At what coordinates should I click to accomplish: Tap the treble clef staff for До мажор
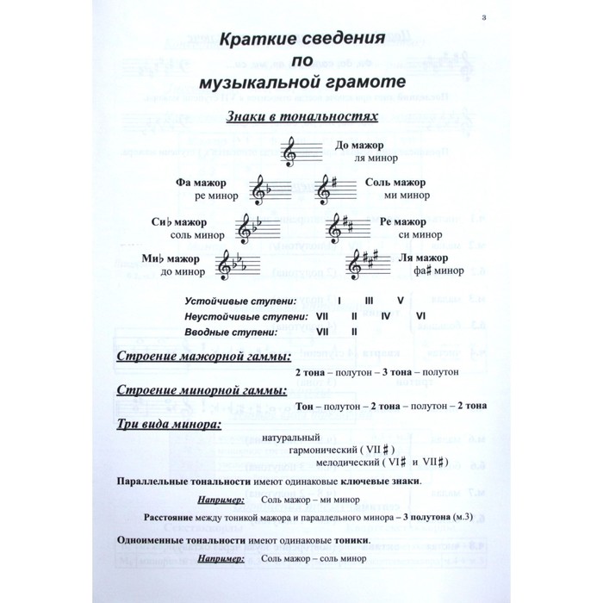pos(301,152)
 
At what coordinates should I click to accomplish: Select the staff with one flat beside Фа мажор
pos(270,190)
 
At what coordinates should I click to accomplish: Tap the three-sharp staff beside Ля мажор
pos(368,265)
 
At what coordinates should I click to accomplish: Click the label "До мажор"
pos(358,146)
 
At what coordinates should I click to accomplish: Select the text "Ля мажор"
pos(423,258)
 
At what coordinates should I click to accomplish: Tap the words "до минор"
pos(183,272)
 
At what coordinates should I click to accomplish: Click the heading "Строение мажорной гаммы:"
pos(202,357)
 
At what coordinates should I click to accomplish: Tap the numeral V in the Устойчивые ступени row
pos(400,301)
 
